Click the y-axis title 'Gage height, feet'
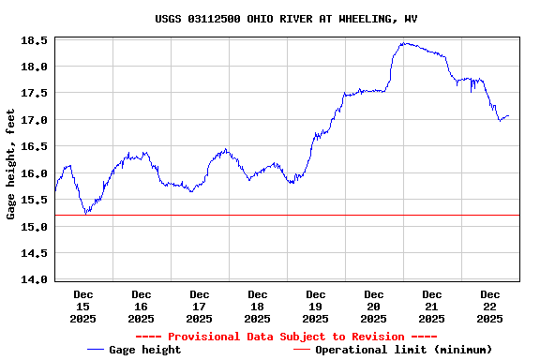pos(11,164)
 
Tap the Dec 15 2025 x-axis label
pos(82,307)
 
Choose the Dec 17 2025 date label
pos(199,307)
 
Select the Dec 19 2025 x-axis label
pos(316,307)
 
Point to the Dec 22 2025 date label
pos(490,307)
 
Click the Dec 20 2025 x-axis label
pos(374,307)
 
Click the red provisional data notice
pos(286,337)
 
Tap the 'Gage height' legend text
pos(145,350)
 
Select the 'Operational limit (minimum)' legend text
pos(403,350)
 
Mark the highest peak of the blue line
pos(404,42)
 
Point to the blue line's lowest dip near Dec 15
pos(86,214)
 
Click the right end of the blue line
pos(508,116)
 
